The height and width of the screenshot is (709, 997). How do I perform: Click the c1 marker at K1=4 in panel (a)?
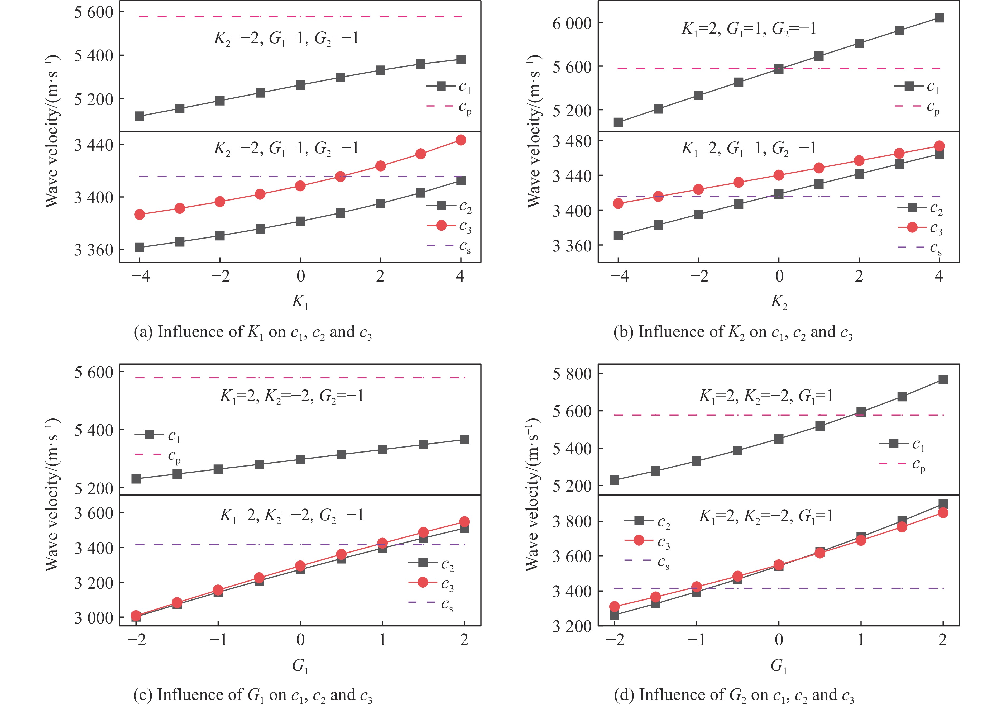[461, 59]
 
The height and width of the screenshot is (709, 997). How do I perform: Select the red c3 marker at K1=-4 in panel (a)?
[140, 214]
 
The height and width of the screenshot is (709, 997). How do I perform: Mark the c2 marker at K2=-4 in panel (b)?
[618, 236]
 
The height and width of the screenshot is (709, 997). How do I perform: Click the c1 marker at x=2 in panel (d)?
[943, 379]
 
